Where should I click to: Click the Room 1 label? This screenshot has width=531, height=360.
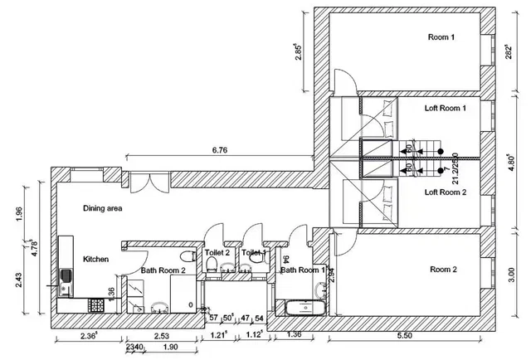(x=441, y=37)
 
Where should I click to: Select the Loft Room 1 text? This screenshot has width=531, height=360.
(x=446, y=108)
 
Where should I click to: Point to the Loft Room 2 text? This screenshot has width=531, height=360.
(x=446, y=192)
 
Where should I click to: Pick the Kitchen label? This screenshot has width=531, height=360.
(x=96, y=260)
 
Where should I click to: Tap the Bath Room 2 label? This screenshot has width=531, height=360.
(x=168, y=270)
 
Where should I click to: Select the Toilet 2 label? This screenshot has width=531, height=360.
(x=217, y=252)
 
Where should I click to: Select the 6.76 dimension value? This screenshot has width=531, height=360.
(x=219, y=150)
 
